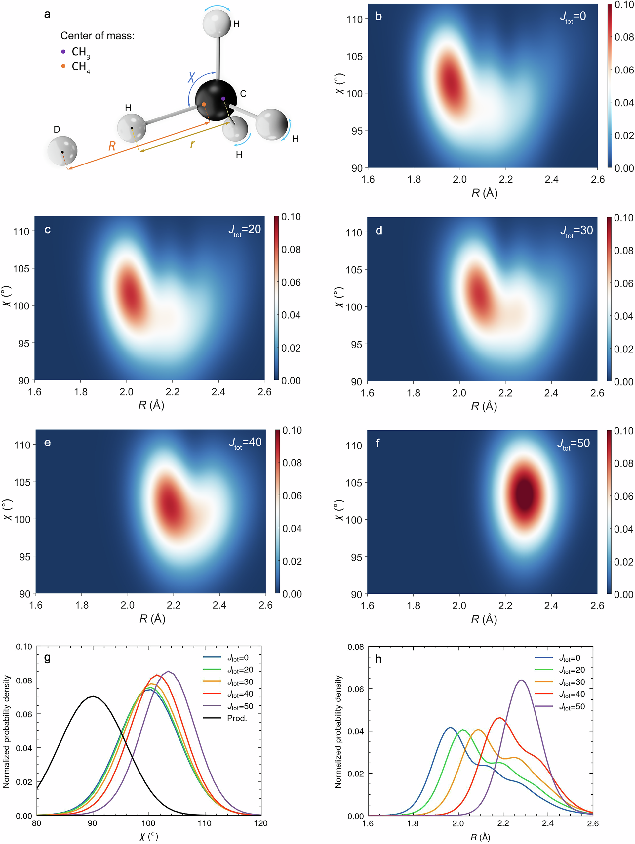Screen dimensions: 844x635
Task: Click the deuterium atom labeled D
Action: coord(62,151)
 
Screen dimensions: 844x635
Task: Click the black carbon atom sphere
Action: coord(216,100)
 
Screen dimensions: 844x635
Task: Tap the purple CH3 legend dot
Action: coord(63,52)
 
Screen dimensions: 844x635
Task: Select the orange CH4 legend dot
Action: coord(63,66)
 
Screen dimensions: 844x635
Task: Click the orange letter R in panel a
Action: coord(112,146)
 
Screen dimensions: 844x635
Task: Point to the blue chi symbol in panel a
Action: coord(191,78)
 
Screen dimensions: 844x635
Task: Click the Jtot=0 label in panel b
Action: coord(573,17)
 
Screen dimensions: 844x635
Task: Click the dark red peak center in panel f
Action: coord(525,494)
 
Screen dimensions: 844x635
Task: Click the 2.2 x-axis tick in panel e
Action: coord(174,605)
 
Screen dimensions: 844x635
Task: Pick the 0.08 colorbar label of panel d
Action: coord(623,251)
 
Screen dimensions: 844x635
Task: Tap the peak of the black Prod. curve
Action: coord(93,696)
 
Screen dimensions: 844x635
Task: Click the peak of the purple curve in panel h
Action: coord(521,680)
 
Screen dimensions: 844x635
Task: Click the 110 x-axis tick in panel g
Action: coord(205,823)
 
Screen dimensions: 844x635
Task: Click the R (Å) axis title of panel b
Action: coord(484,193)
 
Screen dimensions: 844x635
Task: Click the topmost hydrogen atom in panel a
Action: coord(217,23)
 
